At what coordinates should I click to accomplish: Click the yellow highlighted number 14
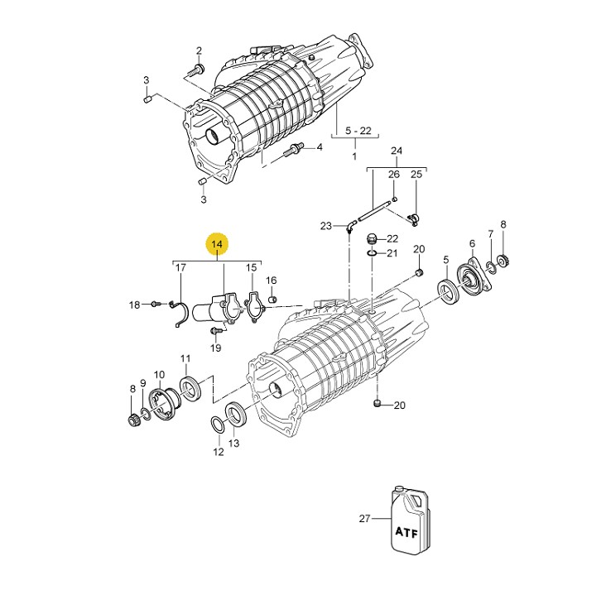217,244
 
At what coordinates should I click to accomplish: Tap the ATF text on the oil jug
406,532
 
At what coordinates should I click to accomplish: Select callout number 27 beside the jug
364,519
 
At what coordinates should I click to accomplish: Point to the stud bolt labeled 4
295,149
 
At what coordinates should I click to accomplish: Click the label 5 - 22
358,131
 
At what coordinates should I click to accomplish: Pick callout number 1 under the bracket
354,156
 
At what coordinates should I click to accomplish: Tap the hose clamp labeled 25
414,219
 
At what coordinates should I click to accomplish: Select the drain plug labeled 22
371,239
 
